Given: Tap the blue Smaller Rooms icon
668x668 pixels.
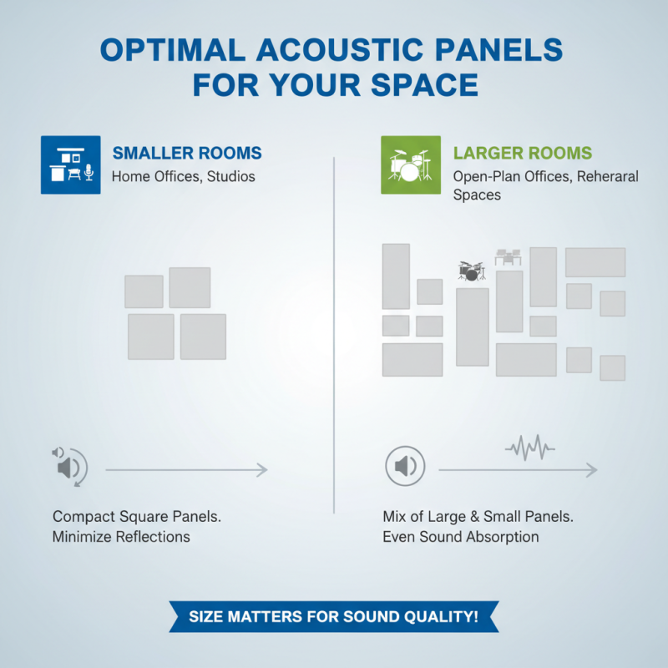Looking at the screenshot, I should tap(71, 164).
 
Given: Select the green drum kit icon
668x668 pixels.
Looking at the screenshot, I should tap(411, 164).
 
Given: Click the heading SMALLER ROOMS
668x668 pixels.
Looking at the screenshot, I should tap(187, 154).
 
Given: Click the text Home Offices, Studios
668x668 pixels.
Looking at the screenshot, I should tap(184, 176).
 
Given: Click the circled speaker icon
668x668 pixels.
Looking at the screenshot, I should tap(406, 467).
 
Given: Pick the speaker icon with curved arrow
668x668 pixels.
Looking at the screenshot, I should tap(69, 467).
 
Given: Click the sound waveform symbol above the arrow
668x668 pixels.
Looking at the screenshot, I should tap(529, 447).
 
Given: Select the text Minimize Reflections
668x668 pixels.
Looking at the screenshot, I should tap(121, 537).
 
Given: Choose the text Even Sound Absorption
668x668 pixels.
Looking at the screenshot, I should tap(460, 537).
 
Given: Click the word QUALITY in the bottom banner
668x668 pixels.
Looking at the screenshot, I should tap(433, 617).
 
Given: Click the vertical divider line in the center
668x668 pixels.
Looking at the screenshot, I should tap(334, 334).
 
